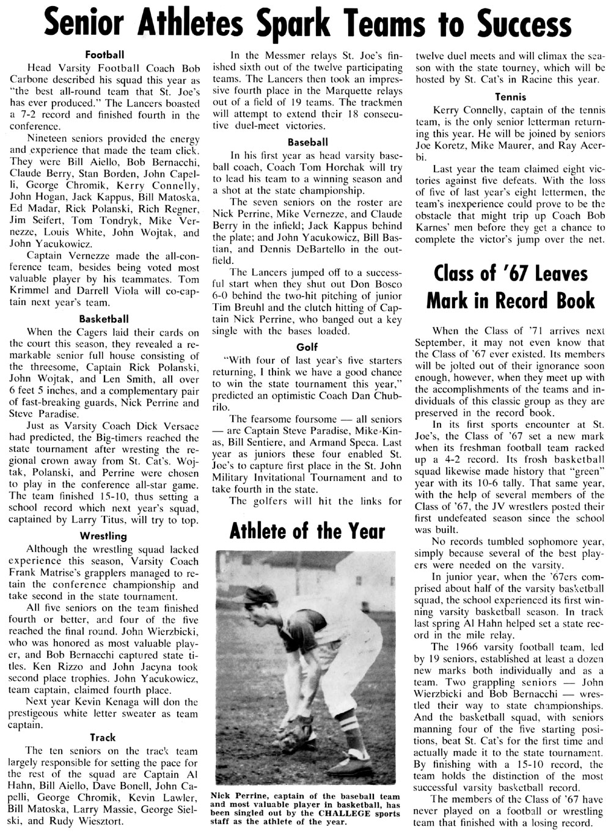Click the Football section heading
click(x=101, y=54)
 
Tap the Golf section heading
click(x=307, y=347)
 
